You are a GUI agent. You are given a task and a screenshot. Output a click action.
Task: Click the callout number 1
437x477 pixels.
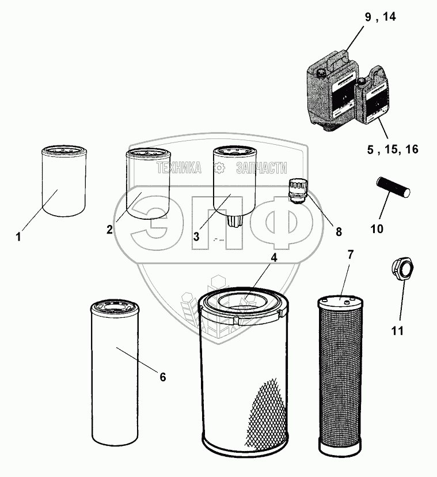pyautogui.click(x=18, y=236)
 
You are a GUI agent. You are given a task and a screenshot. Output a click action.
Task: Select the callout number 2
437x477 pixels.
pyautogui.click(x=109, y=230)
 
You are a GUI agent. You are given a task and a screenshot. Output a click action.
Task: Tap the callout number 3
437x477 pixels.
pyautogui.click(x=196, y=236)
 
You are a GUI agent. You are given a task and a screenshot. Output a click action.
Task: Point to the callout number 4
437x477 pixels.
pyautogui.click(x=274, y=258)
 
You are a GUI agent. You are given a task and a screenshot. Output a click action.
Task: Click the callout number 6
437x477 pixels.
pyautogui.click(x=163, y=377)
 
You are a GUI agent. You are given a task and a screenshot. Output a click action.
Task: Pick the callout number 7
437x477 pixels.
pyautogui.click(x=351, y=255)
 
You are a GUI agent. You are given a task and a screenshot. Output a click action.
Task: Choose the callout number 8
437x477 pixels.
pyautogui.click(x=339, y=232)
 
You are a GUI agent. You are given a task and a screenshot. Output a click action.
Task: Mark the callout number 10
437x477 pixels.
pyautogui.click(x=377, y=229)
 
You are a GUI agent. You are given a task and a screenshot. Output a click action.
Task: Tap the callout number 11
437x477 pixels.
pyautogui.click(x=397, y=330)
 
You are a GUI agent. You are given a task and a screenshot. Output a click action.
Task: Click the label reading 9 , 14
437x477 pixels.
pyautogui.click(x=381, y=17)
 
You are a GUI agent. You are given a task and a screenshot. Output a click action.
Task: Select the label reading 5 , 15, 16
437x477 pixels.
pyautogui.click(x=393, y=149)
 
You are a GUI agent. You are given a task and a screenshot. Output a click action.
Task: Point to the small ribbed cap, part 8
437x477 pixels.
pyautogui.click(x=298, y=191)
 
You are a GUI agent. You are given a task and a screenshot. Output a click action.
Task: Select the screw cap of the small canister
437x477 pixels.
pyautogui.click(x=362, y=82)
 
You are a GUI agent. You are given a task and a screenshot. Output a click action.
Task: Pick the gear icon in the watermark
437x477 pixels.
pyautogui.click(x=219, y=168)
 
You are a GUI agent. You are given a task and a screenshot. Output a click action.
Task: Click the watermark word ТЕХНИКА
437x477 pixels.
pyautogui.click(x=179, y=168)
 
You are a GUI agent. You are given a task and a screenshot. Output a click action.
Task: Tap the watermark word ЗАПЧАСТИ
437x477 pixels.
pyautogui.click(x=261, y=168)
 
